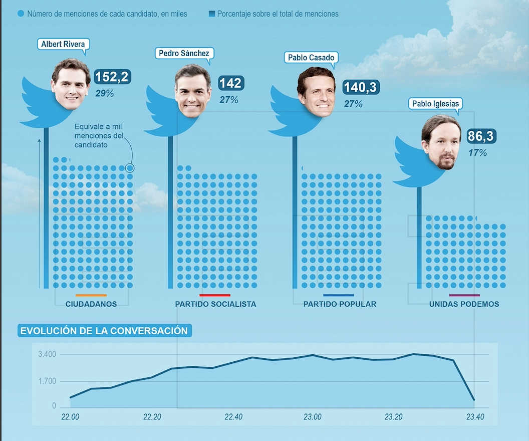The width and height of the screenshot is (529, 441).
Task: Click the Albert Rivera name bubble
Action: [x=62, y=44]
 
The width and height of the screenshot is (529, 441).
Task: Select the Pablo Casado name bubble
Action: [x=311, y=58]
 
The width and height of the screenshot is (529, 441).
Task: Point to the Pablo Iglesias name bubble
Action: [x=435, y=104]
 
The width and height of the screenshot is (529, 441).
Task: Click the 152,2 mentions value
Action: [x=112, y=77]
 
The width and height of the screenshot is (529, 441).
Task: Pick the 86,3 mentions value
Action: [x=482, y=136]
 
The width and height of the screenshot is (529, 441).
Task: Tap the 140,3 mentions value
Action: [x=361, y=88]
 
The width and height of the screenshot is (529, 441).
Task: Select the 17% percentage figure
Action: [x=477, y=153]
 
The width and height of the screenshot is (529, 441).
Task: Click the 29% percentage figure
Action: [x=105, y=93]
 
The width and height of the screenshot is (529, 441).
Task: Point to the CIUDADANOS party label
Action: [x=91, y=304]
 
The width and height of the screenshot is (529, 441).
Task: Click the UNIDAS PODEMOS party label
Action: [x=464, y=304]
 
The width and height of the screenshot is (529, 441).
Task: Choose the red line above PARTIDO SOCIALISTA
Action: [x=215, y=295]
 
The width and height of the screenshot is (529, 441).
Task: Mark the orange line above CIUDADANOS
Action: [x=91, y=295]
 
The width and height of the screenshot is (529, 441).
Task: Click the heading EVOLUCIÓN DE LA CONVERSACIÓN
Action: [x=104, y=331]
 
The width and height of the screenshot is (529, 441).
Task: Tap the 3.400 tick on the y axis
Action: [x=47, y=354]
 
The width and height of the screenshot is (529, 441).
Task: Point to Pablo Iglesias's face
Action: [x=441, y=142]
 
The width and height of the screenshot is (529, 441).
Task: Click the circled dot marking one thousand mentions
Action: [x=130, y=168]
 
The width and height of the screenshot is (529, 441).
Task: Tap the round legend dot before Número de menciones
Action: [x=21, y=14]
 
